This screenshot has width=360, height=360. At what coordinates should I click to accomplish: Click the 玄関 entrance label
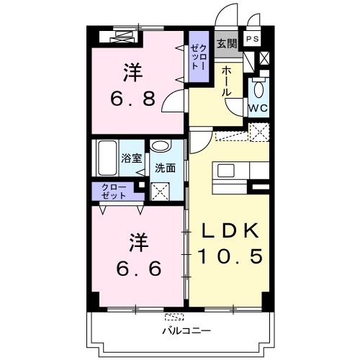click(227, 43)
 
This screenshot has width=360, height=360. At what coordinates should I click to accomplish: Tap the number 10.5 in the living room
click(228, 256)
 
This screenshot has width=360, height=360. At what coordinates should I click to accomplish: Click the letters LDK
click(228, 230)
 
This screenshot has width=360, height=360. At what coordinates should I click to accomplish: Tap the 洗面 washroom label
click(165, 168)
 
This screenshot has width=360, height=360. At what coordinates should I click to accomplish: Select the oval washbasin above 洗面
click(161, 147)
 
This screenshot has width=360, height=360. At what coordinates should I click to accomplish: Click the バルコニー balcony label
click(185, 330)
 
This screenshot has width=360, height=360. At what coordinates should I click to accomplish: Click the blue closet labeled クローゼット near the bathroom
click(113, 191)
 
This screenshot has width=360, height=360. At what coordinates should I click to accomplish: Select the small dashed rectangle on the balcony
click(174, 317)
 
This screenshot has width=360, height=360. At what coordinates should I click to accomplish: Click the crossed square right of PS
click(265, 59)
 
